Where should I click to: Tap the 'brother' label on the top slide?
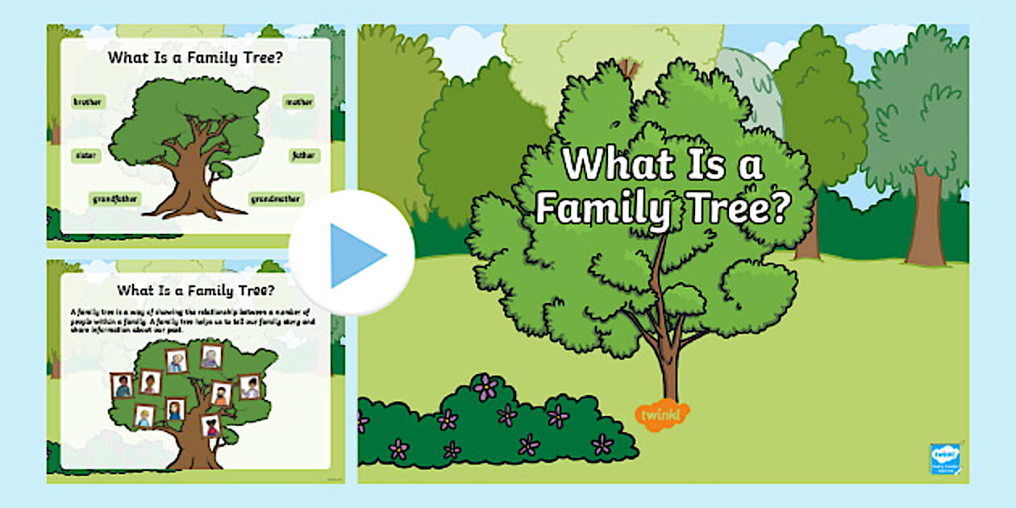pyautogui.click(x=87, y=102)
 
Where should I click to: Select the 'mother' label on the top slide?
pyautogui.click(x=298, y=102)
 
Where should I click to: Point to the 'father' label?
pyautogui.click(x=305, y=156)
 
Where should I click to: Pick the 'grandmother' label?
pyautogui.click(x=277, y=198)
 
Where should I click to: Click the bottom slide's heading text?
pyautogui.click(x=195, y=289)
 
